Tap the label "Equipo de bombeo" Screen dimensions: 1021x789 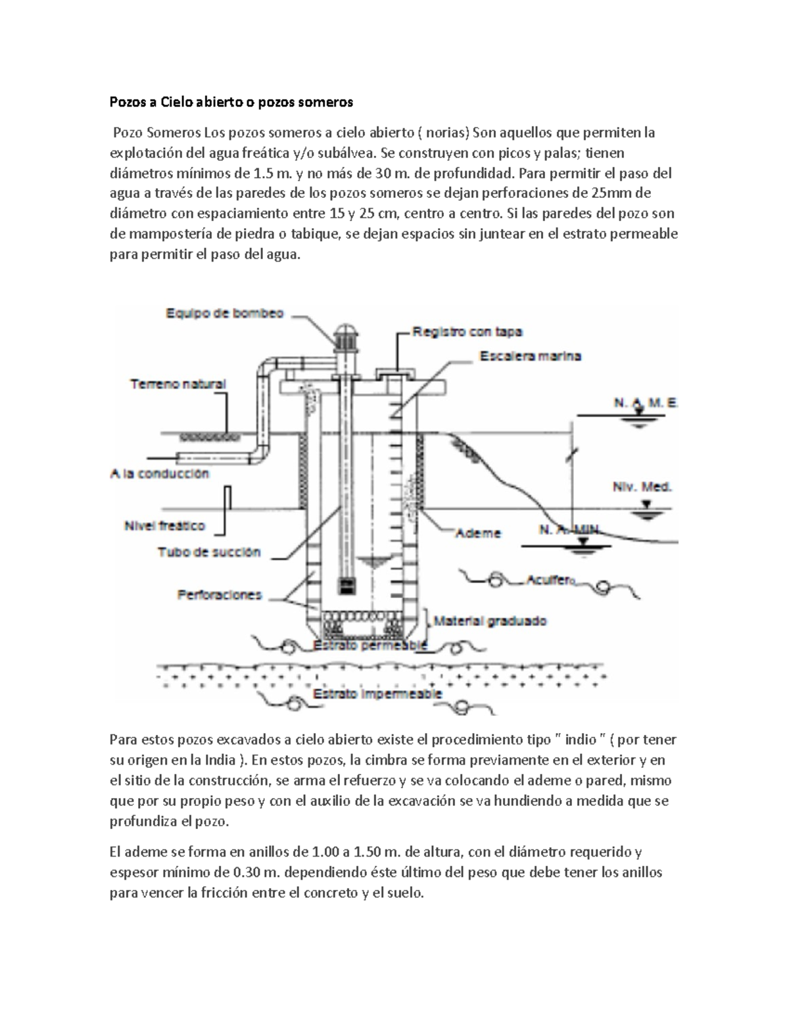point(224,314)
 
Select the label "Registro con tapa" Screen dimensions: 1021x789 point(467,332)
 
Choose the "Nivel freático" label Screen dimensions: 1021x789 point(164,526)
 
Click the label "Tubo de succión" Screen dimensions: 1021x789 point(209,552)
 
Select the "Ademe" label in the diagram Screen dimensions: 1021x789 point(478,533)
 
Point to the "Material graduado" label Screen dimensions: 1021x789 point(490,621)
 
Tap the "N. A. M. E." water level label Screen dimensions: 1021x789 point(645,404)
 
